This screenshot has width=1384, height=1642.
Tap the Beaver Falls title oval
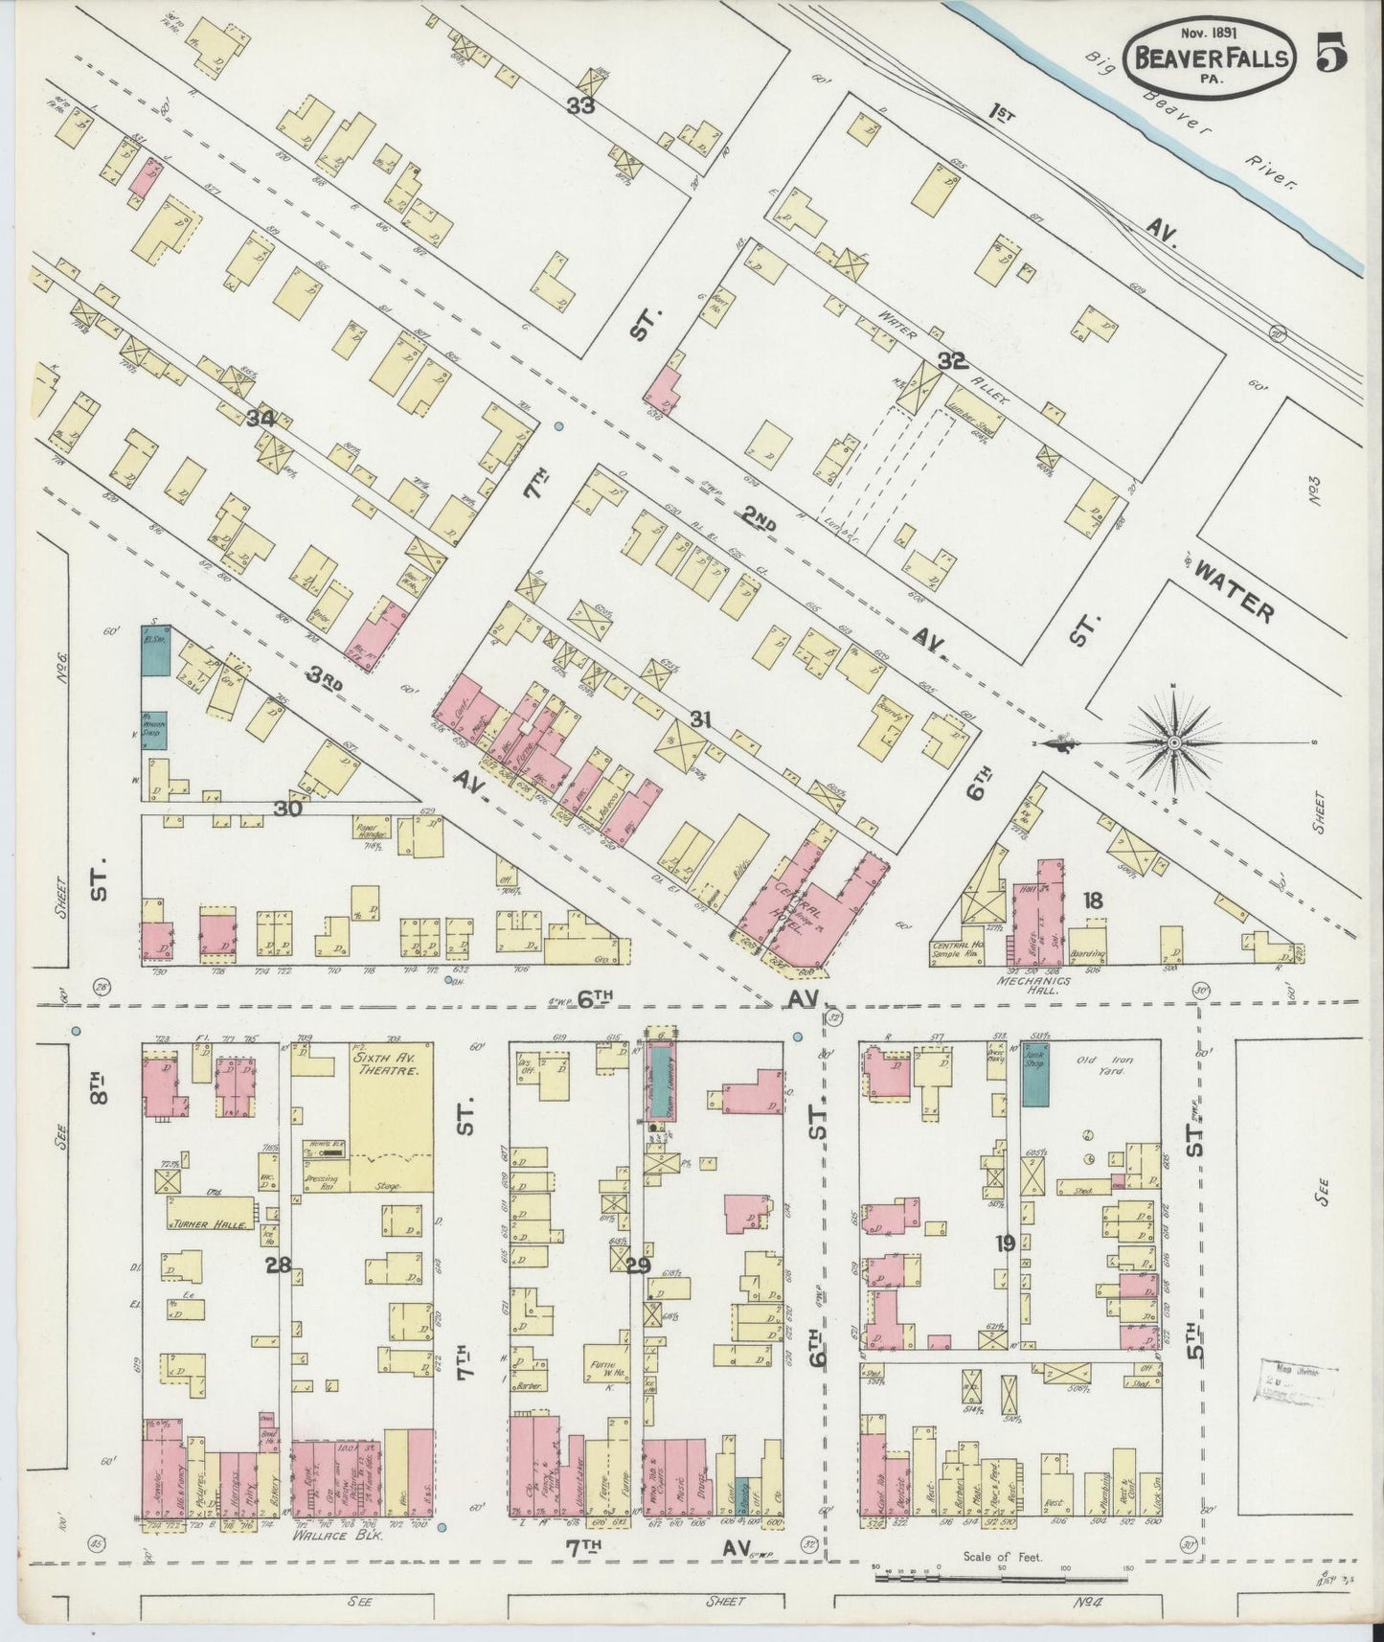coord(1211,57)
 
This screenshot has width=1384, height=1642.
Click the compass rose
coord(1174,741)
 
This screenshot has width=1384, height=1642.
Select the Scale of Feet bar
coord(1001,1574)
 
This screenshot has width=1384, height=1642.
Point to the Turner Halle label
coord(212,1225)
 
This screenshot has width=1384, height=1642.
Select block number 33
coord(580,105)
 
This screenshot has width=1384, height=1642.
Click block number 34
coord(261,419)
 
